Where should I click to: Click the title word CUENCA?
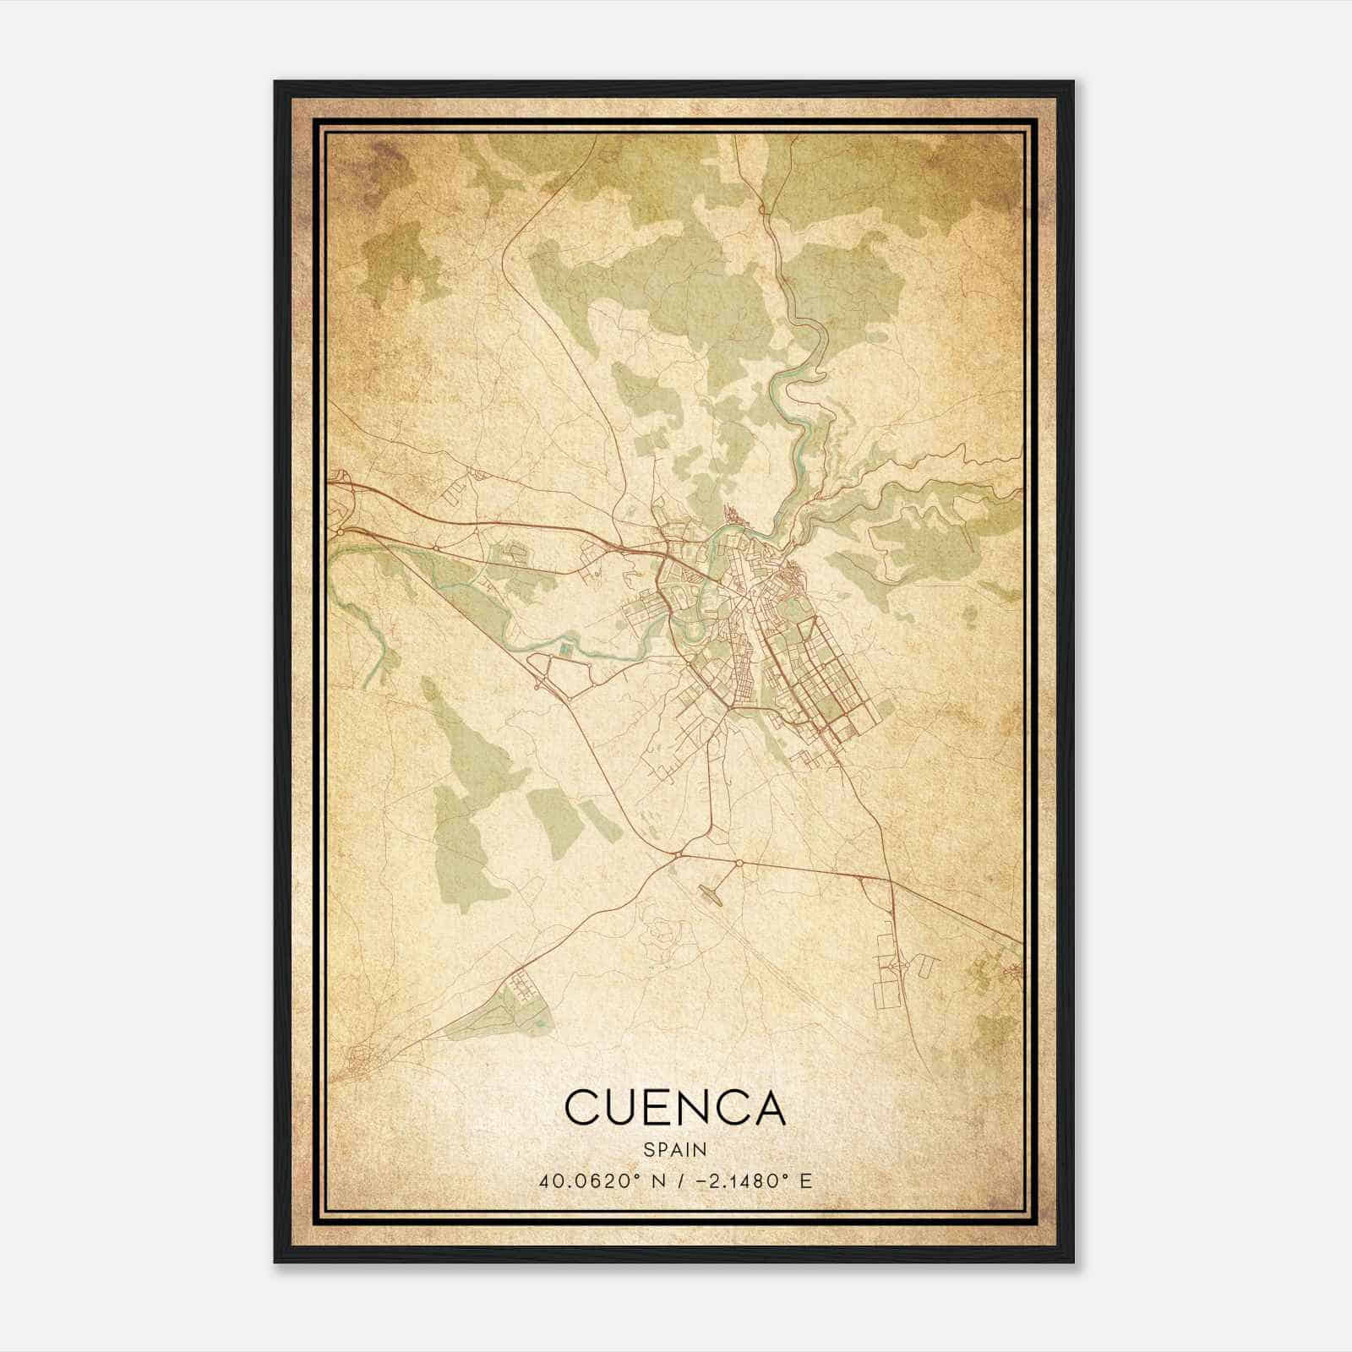click(675, 1108)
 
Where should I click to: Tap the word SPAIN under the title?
click(675, 1149)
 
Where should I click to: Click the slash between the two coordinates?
click(674, 1180)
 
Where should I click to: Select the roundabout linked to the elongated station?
click(739, 863)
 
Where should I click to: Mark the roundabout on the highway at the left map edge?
click(340, 532)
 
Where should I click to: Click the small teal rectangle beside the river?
click(564, 649)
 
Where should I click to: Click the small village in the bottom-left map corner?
click(361, 1057)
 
